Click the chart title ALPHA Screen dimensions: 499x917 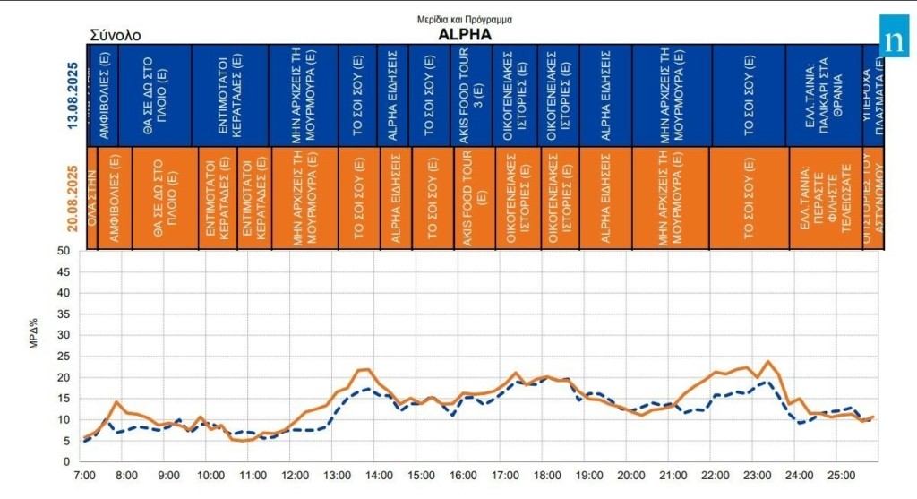click(x=464, y=34)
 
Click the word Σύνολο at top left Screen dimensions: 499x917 click(x=116, y=36)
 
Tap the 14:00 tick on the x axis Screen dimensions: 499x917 click(x=378, y=477)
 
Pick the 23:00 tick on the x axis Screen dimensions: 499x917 click(x=757, y=477)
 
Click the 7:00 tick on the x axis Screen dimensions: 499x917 click(x=84, y=477)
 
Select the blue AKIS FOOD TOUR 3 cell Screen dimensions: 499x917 click(x=471, y=96)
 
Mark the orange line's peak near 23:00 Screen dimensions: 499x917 click(x=768, y=361)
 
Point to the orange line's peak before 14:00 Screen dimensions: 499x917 click(x=366, y=369)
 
